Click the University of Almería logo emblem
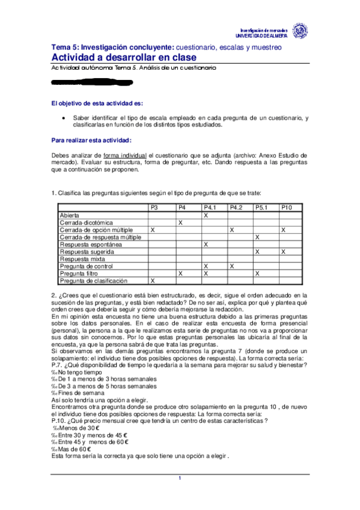[x=299, y=30]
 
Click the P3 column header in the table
[x=154, y=207]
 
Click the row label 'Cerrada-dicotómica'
[x=82, y=223]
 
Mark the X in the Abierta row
[x=206, y=215]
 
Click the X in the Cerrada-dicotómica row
[x=181, y=223]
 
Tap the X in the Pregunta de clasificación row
[x=152, y=280]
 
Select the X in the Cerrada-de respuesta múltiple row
[x=257, y=237]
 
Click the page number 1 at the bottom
[x=179, y=478]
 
